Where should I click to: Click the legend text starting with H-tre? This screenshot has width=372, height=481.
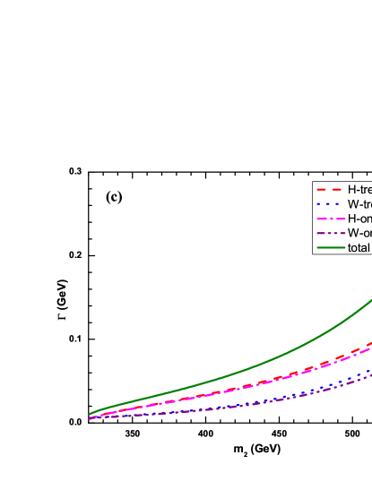(x=359, y=190)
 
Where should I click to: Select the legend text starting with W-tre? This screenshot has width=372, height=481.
(x=359, y=204)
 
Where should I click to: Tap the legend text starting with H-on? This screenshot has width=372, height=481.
(x=359, y=219)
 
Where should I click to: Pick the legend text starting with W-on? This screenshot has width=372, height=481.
(x=359, y=233)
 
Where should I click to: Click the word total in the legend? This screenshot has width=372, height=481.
(x=359, y=247)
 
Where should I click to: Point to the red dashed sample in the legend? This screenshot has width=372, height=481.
(x=329, y=190)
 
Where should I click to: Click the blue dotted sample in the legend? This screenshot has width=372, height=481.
(x=329, y=204)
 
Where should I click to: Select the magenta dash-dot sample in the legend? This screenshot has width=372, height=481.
(x=329, y=219)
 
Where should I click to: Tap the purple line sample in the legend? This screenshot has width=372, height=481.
(x=329, y=233)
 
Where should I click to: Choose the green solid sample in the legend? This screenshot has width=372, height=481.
(x=329, y=247)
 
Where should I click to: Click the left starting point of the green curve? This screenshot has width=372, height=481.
(x=90, y=414)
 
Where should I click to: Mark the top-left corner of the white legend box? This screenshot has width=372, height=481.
(x=313, y=182)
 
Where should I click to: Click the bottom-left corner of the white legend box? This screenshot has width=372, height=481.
(x=313, y=254)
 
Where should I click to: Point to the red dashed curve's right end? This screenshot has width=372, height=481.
(x=371, y=341)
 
